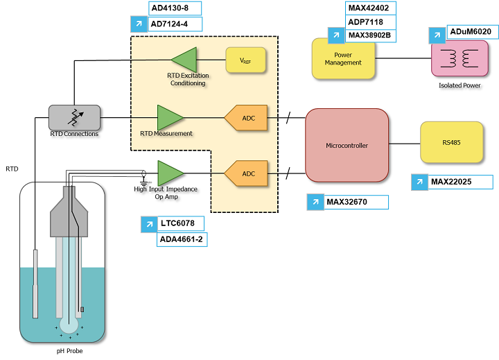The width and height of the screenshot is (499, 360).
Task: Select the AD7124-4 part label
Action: click(175, 24)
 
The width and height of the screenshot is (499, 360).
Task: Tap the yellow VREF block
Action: click(246, 60)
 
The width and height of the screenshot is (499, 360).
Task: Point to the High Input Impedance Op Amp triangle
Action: click(170, 173)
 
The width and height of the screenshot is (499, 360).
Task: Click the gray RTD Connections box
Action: click(74, 117)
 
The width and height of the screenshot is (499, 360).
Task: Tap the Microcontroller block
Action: click(347, 145)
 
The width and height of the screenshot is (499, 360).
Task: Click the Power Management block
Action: click(343, 58)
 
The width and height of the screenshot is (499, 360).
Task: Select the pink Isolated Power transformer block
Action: click(459, 58)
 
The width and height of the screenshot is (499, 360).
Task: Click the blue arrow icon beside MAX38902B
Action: click(335, 35)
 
